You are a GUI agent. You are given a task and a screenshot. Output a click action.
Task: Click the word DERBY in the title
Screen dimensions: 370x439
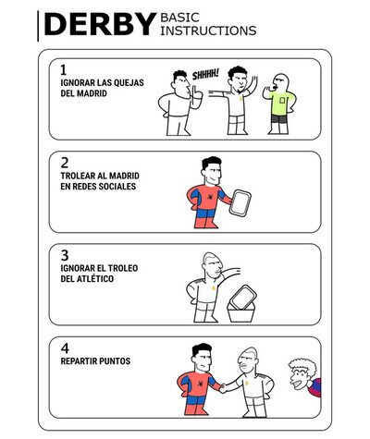(101, 25)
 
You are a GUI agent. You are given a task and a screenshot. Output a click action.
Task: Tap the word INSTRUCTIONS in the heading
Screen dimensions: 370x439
(208, 30)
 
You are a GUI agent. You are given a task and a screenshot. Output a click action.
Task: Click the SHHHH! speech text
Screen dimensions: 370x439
(205, 75)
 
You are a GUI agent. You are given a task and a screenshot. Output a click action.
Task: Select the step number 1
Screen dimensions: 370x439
(63, 70)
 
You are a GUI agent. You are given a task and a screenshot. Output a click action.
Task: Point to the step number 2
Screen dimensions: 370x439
(65, 163)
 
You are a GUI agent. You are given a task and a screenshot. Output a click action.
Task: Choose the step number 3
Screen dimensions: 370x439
(65, 255)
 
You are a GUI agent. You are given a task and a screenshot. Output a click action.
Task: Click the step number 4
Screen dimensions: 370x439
(65, 348)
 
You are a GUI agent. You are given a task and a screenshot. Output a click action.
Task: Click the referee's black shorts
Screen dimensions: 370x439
(279, 119)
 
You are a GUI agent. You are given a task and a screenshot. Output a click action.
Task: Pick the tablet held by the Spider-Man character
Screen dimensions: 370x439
(240, 202)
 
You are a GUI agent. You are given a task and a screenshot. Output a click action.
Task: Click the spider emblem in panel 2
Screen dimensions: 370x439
(210, 196)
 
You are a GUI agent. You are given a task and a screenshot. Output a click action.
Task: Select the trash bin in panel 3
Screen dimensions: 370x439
(240, 312)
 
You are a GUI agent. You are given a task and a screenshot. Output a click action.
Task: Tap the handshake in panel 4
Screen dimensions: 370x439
(223, 388)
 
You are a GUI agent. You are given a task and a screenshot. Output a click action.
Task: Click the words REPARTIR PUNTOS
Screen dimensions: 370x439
(95, 361)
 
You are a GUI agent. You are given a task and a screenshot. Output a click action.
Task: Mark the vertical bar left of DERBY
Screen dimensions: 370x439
(38, 26)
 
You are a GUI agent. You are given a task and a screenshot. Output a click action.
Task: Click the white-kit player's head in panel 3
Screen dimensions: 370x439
(211, 265)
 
